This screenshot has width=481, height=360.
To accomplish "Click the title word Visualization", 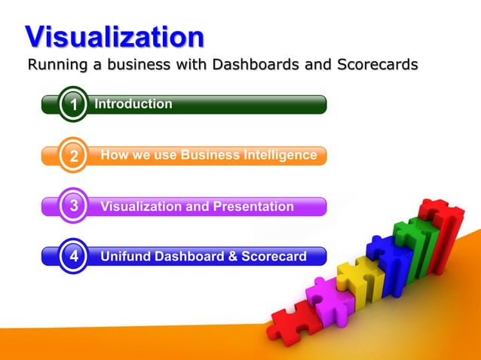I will [x=114, y=35].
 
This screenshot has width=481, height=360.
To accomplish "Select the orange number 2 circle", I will [x=73, y=157].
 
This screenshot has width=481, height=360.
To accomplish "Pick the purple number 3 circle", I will [x=73, y=206].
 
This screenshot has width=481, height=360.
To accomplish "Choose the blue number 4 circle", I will [x=73, y=256].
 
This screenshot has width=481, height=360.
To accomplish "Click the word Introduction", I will [x=133, y=104].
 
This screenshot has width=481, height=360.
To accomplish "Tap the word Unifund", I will [x=125, y=256].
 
